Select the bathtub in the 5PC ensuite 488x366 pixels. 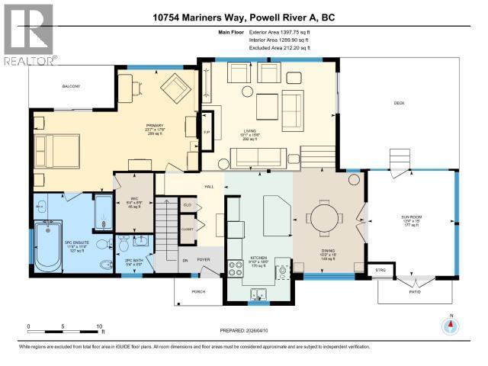[51, 246]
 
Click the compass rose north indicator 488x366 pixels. [451, 325]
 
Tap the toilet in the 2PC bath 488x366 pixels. [125, 245]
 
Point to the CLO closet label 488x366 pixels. [188, 205]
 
